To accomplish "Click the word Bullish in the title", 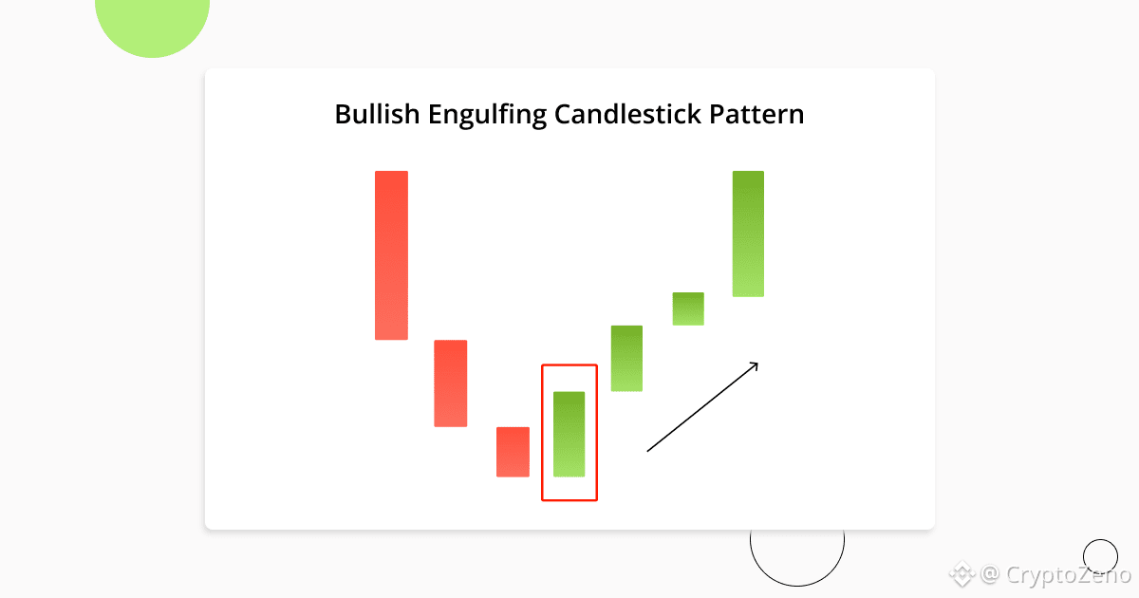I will coord(375,115).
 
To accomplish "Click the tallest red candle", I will coord(391,254).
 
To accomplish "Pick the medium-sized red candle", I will coord(450,383).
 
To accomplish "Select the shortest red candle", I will coord(513,452).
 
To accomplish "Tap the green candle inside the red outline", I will coord(569,434).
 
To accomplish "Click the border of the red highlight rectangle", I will coord(542,432).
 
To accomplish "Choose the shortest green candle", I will coord(688,308).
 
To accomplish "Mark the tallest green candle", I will coord(748,234).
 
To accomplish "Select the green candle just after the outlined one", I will coord(626,358).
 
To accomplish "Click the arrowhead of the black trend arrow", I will coord(756,363).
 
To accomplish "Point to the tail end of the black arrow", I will coord(648,451).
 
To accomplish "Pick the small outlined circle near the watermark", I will coord(1100,556).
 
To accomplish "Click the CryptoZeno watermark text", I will coord(1067,574).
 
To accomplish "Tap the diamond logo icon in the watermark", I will coord(964,574).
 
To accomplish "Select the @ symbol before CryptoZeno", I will coord(990,574).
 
